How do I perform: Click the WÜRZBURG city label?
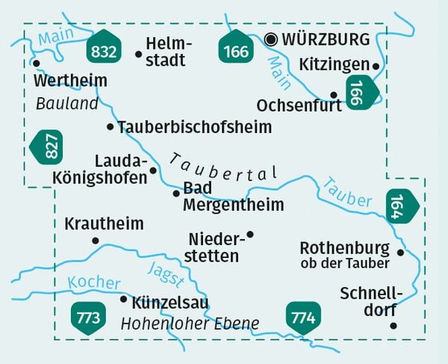327,39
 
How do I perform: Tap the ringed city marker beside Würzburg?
271,39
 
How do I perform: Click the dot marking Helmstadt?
138,54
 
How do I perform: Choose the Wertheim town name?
71,80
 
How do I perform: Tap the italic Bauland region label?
67,104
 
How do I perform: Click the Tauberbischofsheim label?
194,127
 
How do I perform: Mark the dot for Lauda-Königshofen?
154,170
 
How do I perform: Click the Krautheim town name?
105,223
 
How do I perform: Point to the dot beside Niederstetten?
250,235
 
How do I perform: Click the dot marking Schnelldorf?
393,325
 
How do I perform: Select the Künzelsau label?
169,303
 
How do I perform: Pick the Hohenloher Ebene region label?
190,324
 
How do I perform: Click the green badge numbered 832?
102,49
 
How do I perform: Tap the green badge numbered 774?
303,318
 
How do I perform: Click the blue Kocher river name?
93,283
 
